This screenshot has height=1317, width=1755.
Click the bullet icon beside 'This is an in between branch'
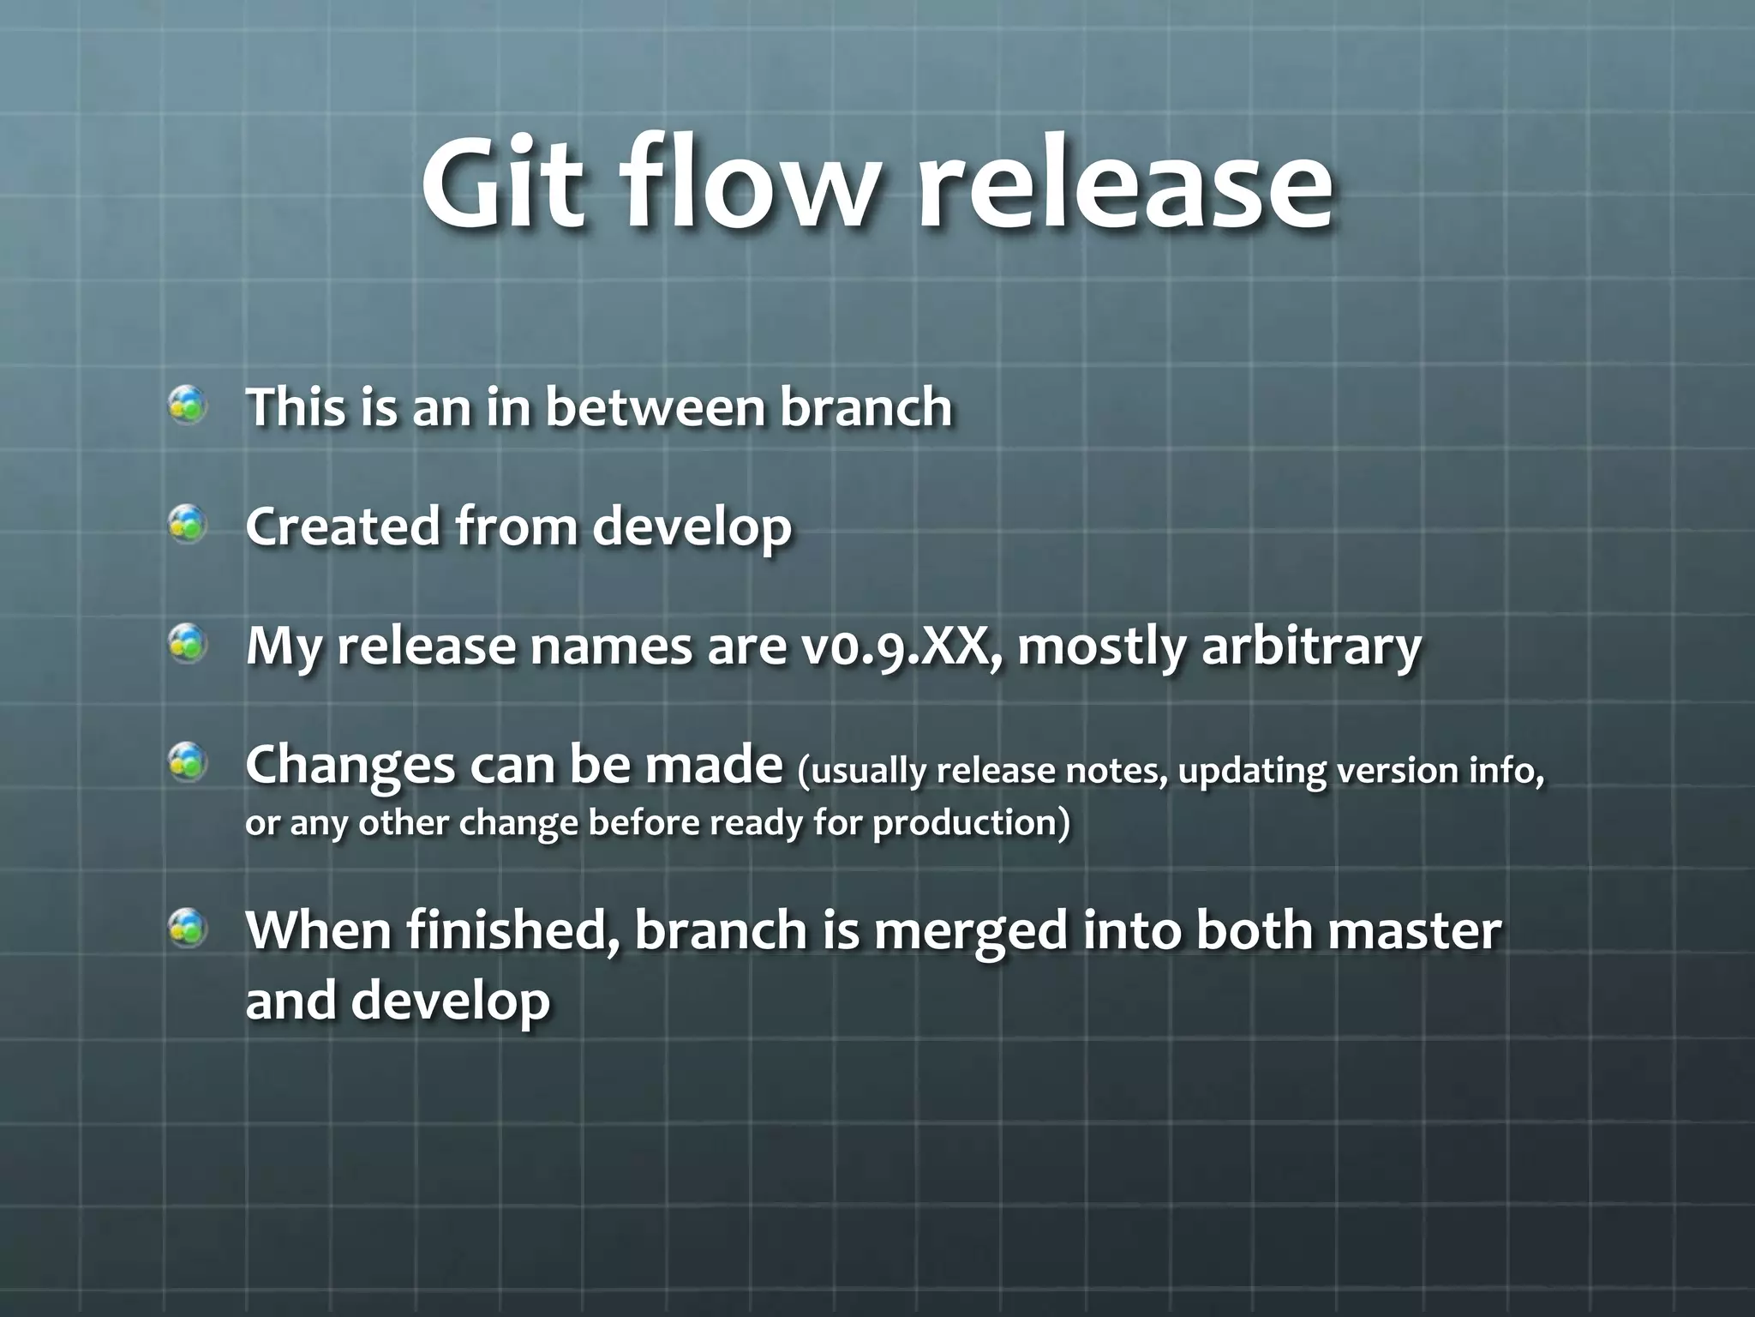(x=187, y=405)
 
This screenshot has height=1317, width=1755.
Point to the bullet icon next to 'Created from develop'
(x=187, y=524)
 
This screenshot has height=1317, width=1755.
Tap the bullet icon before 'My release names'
(x=187, y=643)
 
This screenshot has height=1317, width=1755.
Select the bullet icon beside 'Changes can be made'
(x=187, y=761)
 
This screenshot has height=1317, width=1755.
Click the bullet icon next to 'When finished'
(x=187, y=929)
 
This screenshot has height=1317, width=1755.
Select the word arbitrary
(x=1311, y=647)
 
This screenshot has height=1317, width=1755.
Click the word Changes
(x=350, y=765)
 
